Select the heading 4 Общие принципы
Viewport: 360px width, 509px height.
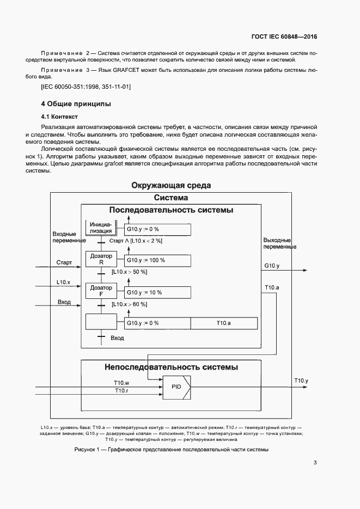(76, 103)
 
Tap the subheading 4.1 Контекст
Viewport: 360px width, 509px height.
(60, 116)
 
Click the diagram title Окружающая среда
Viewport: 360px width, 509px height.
(171, 186)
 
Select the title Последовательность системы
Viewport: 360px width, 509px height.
(171, 210)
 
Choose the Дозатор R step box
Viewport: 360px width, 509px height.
(101, 260)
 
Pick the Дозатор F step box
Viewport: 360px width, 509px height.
(101, 291)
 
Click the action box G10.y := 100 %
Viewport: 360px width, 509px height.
(158, 260)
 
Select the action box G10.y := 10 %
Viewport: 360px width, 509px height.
(158, 292)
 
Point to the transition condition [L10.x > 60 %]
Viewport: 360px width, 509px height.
(129, 304)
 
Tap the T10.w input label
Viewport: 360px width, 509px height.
(121, 382)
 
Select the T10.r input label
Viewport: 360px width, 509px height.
(121, 390)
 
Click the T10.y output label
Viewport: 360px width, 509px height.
(301, 380)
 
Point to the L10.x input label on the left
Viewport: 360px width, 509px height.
(64, 282)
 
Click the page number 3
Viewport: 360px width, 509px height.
(315, 463)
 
